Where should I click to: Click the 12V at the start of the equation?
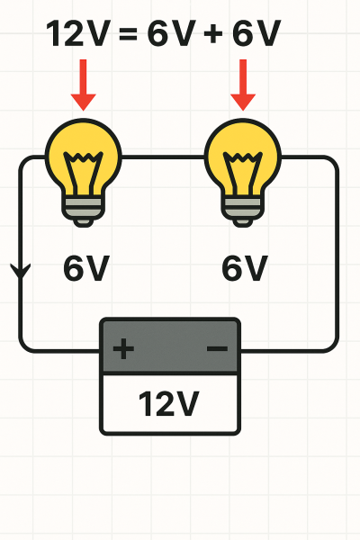click(x=78, y=33)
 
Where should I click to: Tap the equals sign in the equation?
click(x=128, y=34)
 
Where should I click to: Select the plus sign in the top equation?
click(x=213, y=34)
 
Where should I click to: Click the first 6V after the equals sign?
click(x=172, y=33)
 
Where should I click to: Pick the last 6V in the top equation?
click(x=256, y=33)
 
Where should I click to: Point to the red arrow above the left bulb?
click(x=83, y=85)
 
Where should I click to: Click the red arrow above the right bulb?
click(x=243, y=85)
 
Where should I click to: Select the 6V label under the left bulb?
click(x=86, y=268)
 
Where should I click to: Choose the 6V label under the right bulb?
click(x=245, y=268)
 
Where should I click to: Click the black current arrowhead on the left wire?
click(x=21, y=271)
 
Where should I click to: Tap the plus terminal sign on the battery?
click(x=123, y=349)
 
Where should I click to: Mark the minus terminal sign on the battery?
click(x=218, y=349)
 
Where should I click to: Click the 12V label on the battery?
click(x=169, y=403)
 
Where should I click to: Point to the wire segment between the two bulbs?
click(x=163, y=157)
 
